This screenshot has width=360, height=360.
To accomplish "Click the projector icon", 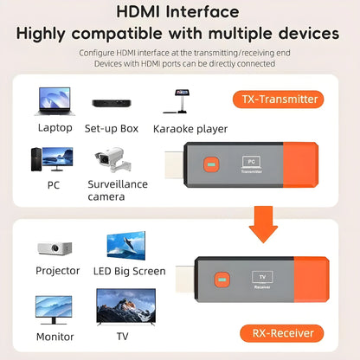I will (55, 247).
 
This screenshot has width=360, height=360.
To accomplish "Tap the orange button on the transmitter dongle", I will (209, 164).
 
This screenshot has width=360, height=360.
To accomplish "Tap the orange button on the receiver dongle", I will (221, 281).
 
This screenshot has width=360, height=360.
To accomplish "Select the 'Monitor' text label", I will (55, 337).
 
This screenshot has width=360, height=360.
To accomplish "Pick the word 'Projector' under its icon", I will (57, 271).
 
